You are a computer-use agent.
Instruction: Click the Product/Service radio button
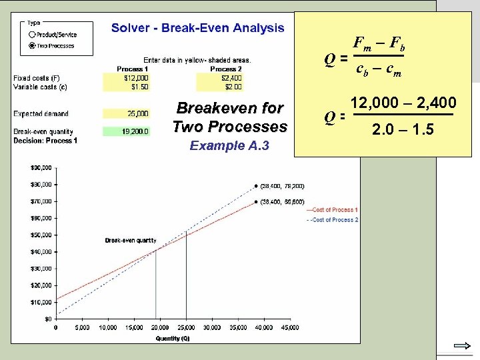(x=32, y=35)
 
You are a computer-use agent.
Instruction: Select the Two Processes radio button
(x=32, y=46)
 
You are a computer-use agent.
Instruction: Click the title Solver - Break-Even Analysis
(x=197, y=28)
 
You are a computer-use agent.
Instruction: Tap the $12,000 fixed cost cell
(x=127, y=78)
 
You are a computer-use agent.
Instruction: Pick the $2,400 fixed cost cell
(x=220, y=78)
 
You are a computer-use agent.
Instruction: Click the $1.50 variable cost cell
(x=127, y=87)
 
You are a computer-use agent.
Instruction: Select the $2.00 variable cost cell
(x=220, y=87)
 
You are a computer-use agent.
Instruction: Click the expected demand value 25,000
(x=127, y=114)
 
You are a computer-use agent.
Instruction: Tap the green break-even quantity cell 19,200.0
(x=127, y=132)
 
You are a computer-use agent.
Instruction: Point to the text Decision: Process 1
(x=45, y=141)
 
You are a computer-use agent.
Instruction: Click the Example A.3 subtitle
(x=229, y=145)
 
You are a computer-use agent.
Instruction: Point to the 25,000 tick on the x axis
(x=186, y=327)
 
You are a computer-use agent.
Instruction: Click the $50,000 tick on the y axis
(x=41, y=234)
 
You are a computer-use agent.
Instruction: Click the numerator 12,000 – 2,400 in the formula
(x=403, y=103)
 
